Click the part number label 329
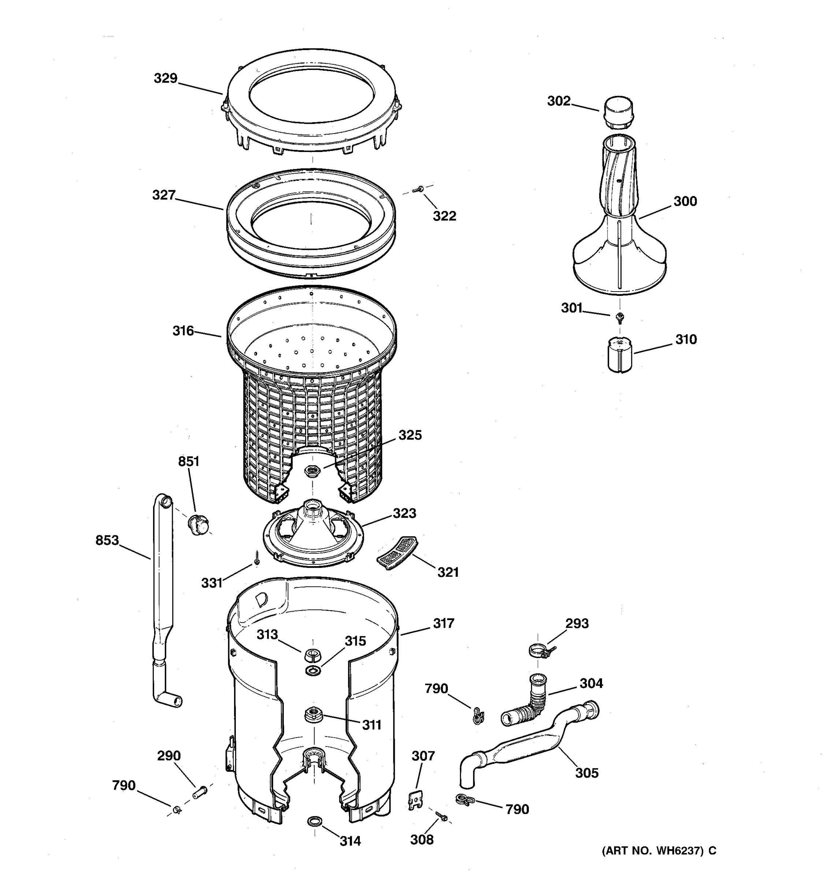165,78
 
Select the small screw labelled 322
417,190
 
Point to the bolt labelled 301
620,316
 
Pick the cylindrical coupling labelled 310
619,355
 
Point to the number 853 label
107,540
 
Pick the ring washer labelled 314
314,821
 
